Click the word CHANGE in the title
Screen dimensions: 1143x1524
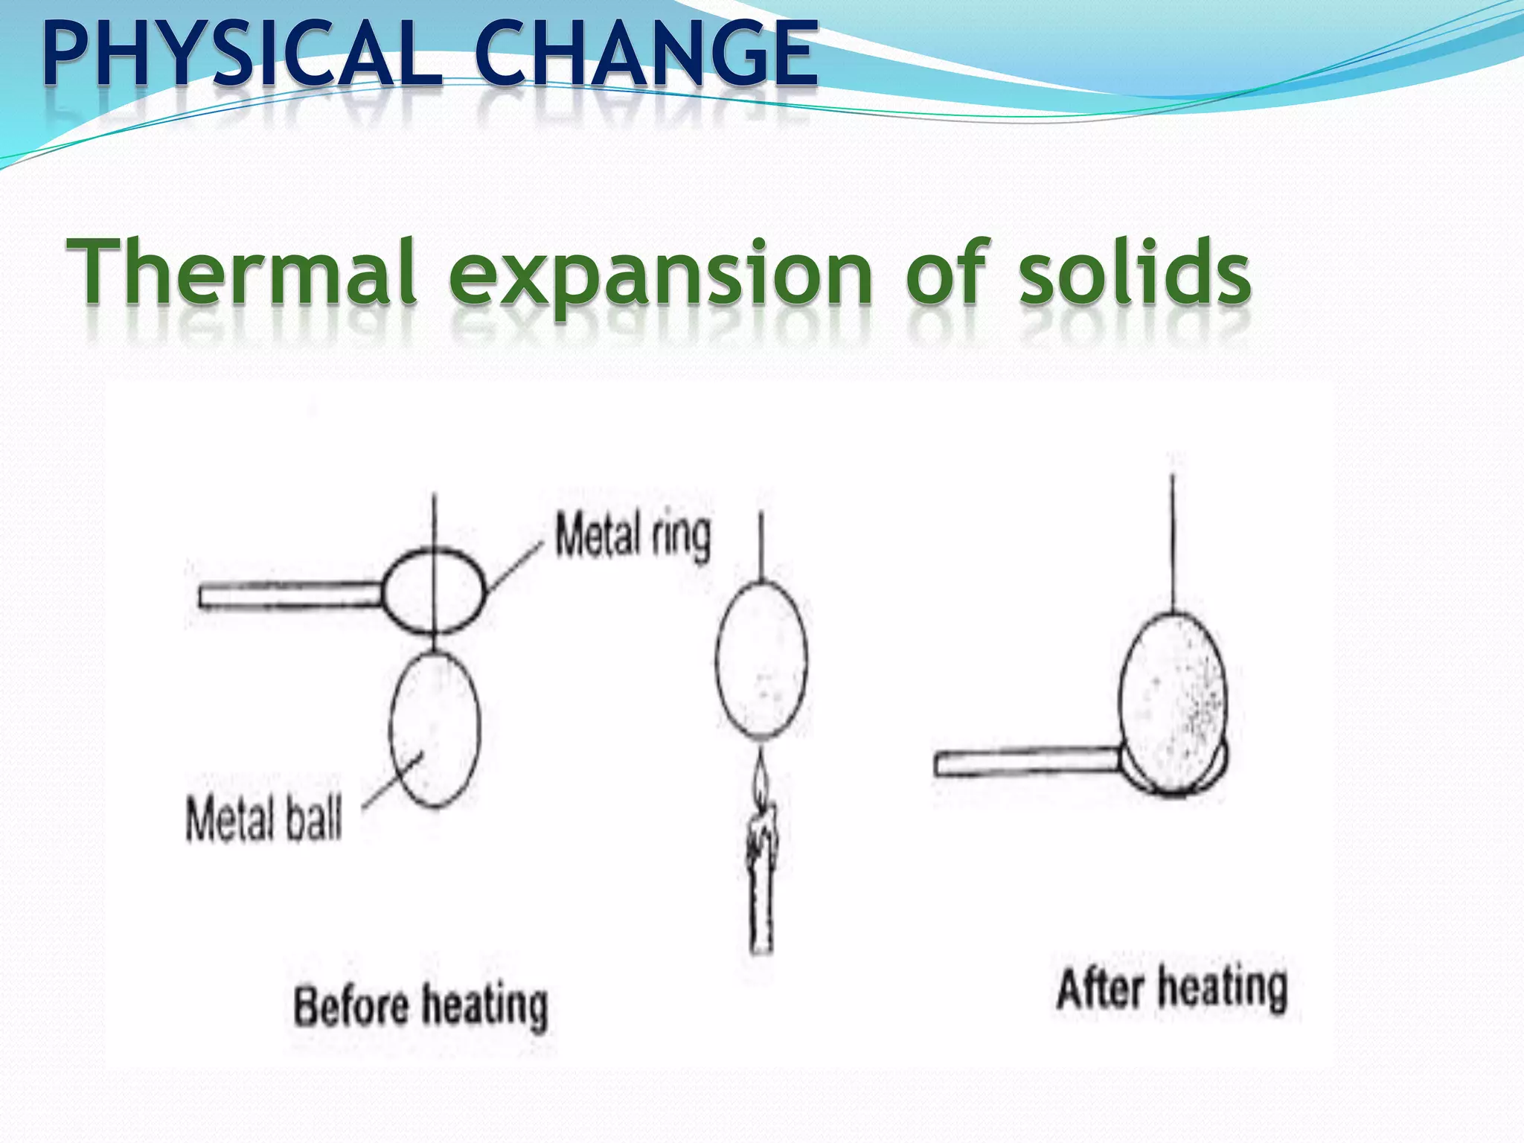click(646, 54)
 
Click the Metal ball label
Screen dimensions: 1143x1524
click(264, 819)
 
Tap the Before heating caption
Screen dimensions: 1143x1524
click(420, 1006)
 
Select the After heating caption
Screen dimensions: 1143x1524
click(1171, 990)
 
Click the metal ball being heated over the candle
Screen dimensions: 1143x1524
click(761, 659)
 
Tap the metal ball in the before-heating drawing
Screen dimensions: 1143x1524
click(435, 729)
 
